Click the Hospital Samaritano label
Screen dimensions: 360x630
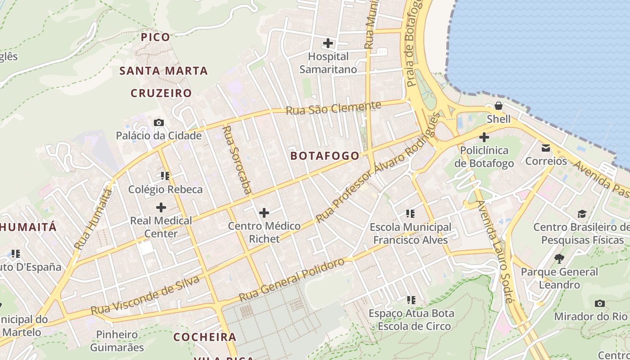click(328, 63)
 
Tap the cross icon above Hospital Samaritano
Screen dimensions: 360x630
click(328, 43)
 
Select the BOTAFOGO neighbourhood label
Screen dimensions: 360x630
click(325, 156)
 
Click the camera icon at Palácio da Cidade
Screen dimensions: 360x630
click(158, 122)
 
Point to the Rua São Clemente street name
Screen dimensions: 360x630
click(333, 108)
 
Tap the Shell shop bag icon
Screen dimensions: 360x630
click(499, 106)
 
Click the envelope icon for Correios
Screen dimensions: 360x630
click(546, 148)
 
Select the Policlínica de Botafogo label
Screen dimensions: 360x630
click(484, 157)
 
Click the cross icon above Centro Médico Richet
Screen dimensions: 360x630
click(264, 212)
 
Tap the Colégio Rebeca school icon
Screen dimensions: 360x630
click(165, 175)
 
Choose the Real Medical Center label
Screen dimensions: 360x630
click(161, 227)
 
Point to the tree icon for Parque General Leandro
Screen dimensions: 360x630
click(559, 258)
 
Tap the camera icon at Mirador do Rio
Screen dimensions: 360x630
click(599, 303)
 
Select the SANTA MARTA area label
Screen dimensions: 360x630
click(163, 71)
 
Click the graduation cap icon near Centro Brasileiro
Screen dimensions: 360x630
click(582, 213)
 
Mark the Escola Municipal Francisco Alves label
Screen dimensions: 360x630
click(410, 234)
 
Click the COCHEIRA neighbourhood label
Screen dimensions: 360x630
click(205, 337)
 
